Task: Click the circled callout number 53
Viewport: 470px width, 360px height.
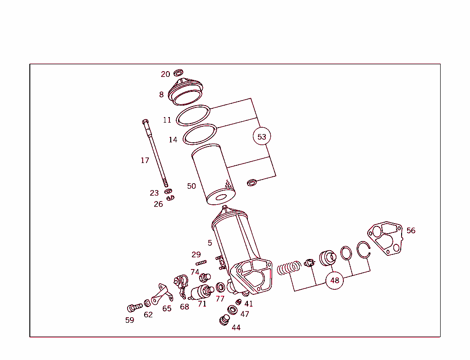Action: [262, 137]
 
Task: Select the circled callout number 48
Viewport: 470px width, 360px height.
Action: [335, 281]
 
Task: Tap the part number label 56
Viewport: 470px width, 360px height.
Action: [411, 231]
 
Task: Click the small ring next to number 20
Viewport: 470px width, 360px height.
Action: [179, 72]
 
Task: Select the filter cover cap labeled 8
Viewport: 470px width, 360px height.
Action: [185, 90]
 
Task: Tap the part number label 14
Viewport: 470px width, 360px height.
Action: [173, 140]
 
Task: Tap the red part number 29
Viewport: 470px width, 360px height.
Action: [196, 254]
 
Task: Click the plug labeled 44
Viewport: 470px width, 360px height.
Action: [225, 320]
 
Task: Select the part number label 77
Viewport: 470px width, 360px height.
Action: [220, 298]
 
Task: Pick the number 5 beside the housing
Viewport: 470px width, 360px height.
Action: [210, 243]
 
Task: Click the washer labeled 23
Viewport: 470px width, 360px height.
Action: [168, 191]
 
